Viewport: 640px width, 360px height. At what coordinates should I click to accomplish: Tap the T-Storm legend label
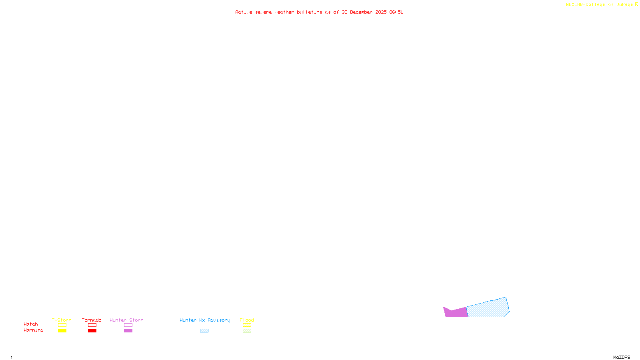click(x=62, y=320)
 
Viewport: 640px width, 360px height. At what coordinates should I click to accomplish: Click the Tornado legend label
click(x=92, y=320)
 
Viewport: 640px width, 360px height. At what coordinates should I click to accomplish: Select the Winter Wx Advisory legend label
click(x=205, y=320)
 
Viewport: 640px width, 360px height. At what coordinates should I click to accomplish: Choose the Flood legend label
click(x=247, y=320)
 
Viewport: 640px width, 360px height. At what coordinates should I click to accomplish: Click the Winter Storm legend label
click(x=126, y=320)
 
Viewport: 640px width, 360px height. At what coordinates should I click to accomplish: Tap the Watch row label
click(x=31, y=324)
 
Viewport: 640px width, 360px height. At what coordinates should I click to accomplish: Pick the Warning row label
click(x=34, y=330)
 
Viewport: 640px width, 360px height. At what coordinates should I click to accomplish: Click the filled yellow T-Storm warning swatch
click(x=62, y=331)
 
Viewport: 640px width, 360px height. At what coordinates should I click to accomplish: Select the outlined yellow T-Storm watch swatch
click(x=62, y=325)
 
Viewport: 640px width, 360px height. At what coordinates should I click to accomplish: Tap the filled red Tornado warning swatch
click(x=92, y=331)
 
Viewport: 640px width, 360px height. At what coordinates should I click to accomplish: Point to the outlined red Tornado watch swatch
click(x=92, y=325)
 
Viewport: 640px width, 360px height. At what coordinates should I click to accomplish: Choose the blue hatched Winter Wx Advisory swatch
click(x=204, y=331)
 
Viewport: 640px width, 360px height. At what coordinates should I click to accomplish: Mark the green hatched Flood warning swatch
click(x=247, y=331)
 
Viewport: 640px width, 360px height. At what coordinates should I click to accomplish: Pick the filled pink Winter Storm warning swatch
click(x=128, y=331)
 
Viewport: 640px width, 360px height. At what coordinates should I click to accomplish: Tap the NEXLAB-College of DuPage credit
click(x=600, y=4)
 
